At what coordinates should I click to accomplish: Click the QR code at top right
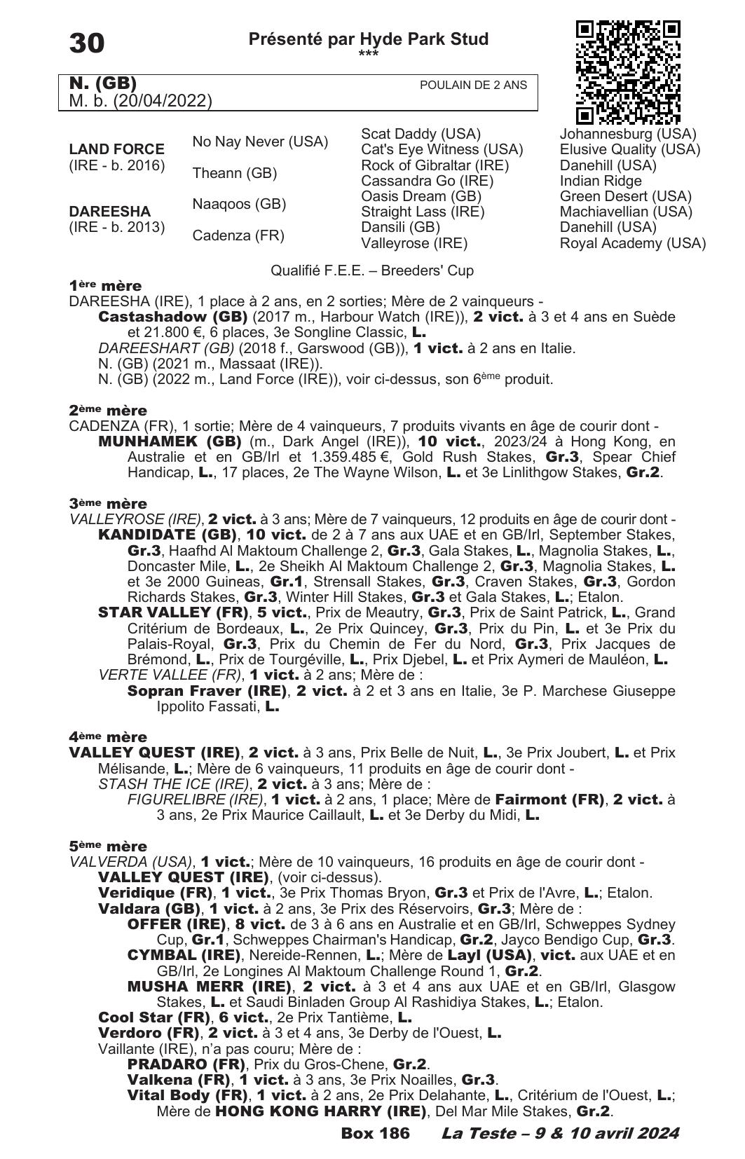click(x=628, y=72)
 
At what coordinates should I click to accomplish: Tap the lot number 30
click(x=87, y=43)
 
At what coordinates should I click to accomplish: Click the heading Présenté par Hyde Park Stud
click(x=369, y=39)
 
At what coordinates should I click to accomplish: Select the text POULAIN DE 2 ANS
click(x=473, y=85)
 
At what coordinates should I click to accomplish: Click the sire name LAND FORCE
click(x=117, y=149)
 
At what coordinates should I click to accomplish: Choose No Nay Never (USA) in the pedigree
click(x=260, y=142)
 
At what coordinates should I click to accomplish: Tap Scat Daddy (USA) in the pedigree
click(x=421, y=134)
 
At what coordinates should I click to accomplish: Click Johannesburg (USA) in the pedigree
click(x=628, y=134)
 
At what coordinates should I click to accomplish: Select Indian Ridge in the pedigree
click(x=601, y=181)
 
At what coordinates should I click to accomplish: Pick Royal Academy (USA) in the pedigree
click(x=632, y=243)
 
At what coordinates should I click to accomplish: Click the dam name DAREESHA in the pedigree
click(x=110, y=212)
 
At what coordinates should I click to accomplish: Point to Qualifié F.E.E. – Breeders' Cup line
click(x=372, y=270)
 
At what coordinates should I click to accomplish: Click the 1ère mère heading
click(x=105, y=286)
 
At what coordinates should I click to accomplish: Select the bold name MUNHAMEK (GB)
click(x=170, y=441)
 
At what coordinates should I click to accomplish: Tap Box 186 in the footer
click(x=375, y=1133)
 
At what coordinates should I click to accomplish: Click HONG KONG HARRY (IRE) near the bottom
click(x=321, y=1111)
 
